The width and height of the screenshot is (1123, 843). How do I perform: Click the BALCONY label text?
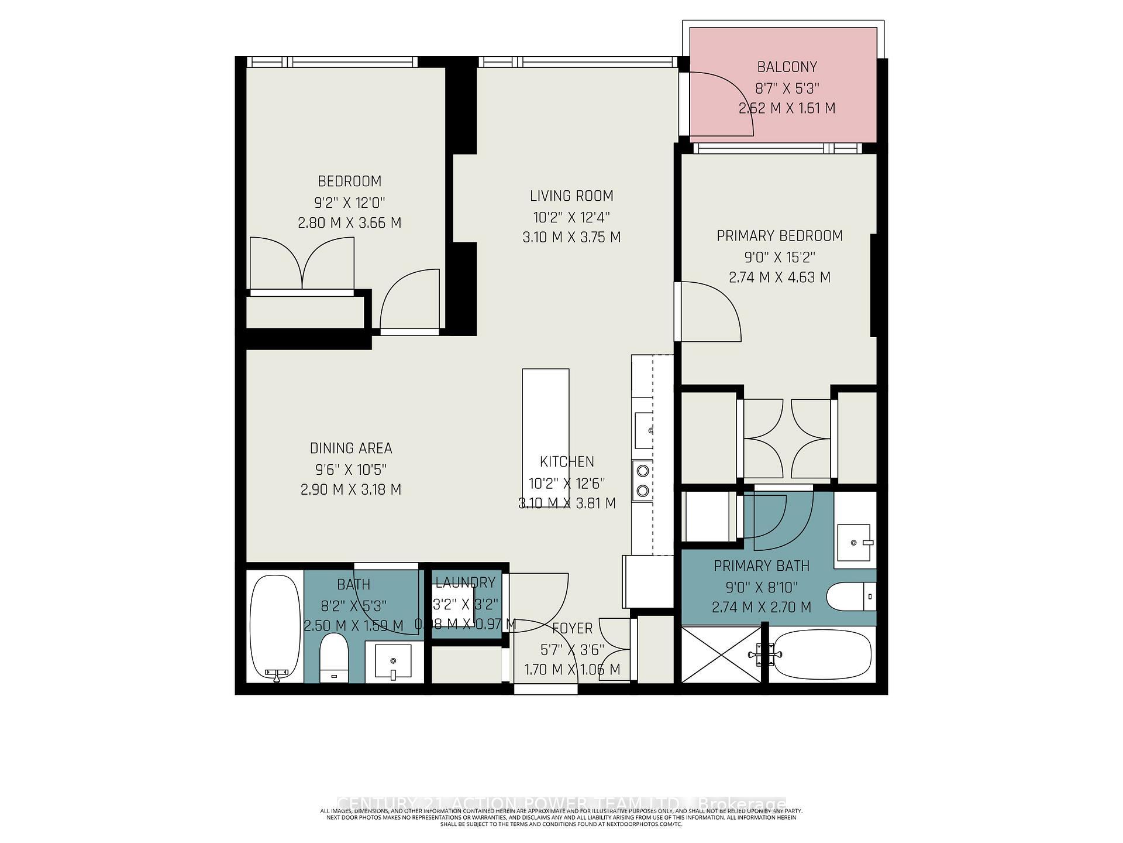click(787, 67)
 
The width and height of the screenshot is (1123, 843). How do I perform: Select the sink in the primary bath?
click(855, 543)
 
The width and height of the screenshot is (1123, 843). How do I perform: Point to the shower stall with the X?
click(722, 654)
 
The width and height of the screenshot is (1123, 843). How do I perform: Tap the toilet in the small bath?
click(334, 657)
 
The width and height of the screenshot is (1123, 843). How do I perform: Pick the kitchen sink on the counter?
click(644, 430)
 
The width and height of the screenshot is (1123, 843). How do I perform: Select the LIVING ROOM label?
click(571, 196)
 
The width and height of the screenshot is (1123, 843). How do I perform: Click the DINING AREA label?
click(351, 448)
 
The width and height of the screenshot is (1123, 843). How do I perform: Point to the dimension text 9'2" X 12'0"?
click(349, 203)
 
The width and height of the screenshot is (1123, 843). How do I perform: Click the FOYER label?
click(572, 628)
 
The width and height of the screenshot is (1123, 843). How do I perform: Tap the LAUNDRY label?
click(465, 582)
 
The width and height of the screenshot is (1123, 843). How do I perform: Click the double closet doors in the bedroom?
click(302, 263)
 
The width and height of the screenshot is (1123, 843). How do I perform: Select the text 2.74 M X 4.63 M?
click(779, 277)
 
